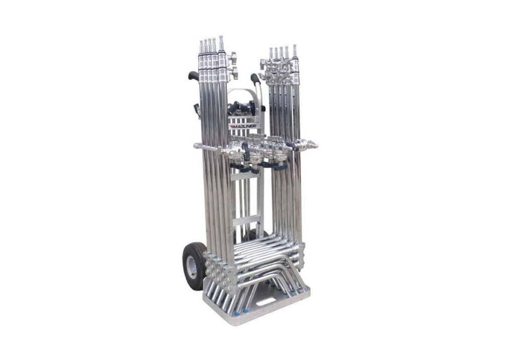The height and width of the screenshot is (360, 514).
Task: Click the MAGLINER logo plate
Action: coord(244,126)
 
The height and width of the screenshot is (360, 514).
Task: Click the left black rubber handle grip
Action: coord(193,75)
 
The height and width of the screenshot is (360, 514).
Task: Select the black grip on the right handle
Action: coord(255,79)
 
